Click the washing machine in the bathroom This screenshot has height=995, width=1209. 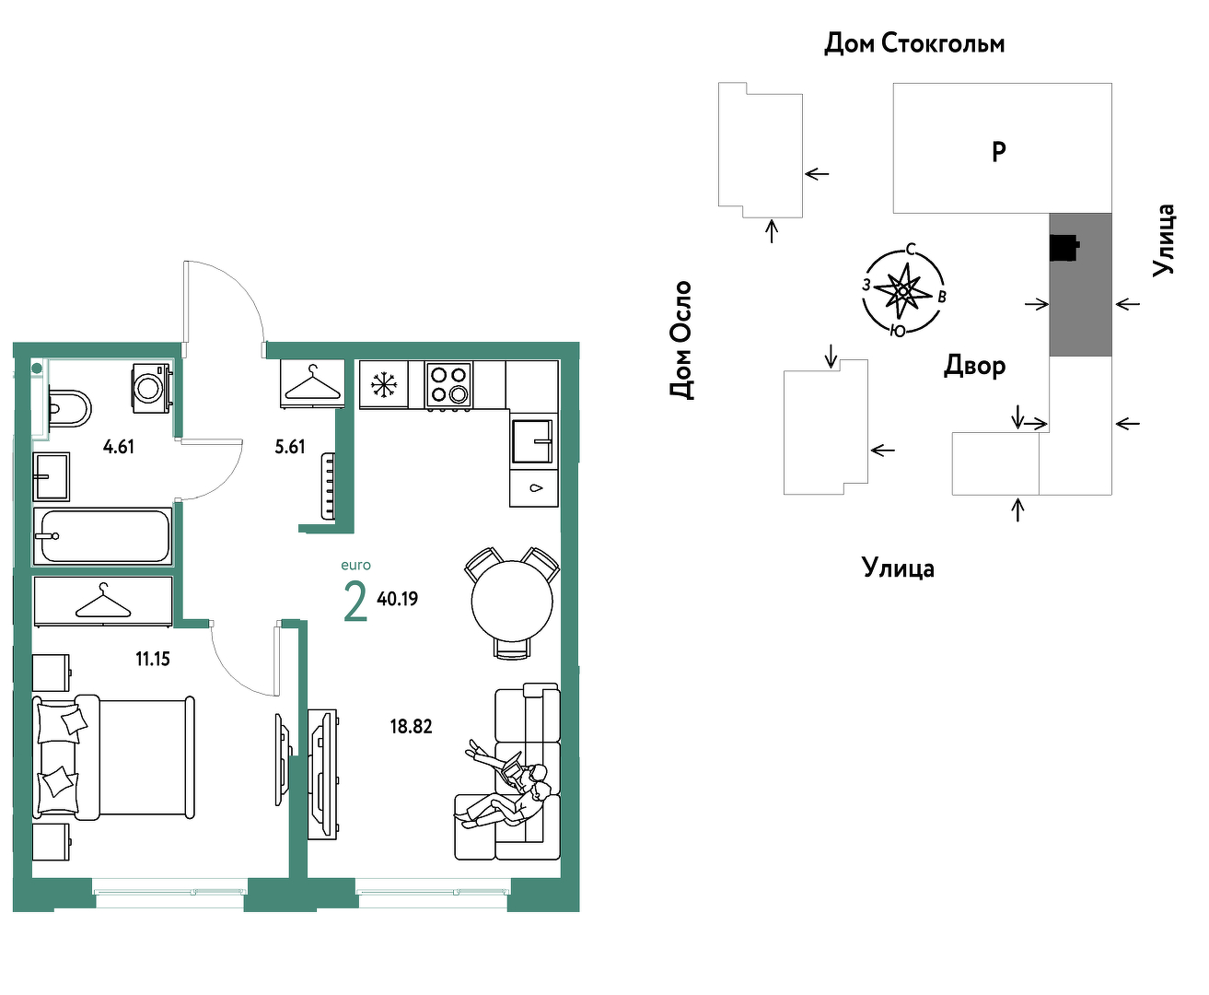point(152,388)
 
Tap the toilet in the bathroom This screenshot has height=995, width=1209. point(69,409)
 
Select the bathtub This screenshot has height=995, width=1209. point(102,536)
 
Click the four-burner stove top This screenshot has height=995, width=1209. point(448,385)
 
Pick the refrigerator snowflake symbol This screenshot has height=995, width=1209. point(383,384)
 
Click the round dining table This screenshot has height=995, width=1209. point(512,601)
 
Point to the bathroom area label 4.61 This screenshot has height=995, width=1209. point(119,446)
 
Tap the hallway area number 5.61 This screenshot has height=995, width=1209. point(289,446)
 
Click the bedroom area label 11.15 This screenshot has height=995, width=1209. point(153,659)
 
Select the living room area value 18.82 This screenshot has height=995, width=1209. point(411,727)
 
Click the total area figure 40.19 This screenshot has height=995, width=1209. point(397,599)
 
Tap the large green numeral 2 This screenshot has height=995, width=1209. point(355,601)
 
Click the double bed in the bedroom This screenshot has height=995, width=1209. point(113,757)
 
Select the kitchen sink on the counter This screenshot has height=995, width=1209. point(532,441)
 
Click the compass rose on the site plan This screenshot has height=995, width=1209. point(903,291)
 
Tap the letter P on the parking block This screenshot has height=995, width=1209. point(999,152)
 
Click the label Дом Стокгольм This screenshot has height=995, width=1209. point(914,43)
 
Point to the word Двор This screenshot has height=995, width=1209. point(974,367)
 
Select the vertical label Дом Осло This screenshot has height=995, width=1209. point(681,340)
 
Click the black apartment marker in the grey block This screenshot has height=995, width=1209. point(1064,248)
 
